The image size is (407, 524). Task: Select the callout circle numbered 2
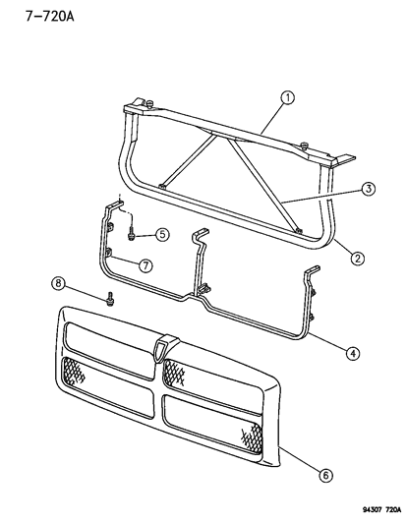point(360,259)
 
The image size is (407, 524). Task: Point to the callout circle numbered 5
point(162,234)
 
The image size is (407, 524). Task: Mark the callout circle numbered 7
point(145,265)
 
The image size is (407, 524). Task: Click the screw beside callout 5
point(131,234)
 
